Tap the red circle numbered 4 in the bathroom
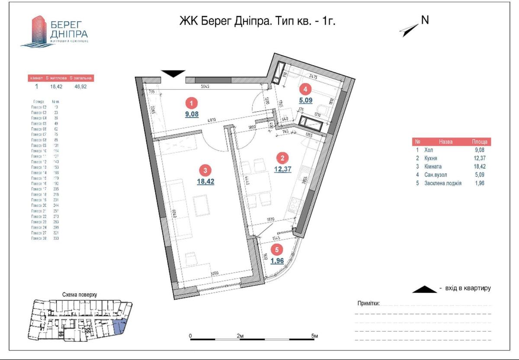[x=305, y=90]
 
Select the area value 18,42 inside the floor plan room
[x=206, y=181]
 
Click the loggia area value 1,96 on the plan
[x=277, y=260]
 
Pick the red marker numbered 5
[x=276, y=250]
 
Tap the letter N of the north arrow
[x=425, y=20]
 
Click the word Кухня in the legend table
[x=433, y=158]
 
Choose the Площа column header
[x=480, y=141]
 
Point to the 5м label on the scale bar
[x=315, y=336]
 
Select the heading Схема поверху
[x=80, y=295]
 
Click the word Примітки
[x=368, y=303]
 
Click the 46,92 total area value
[x=80, y=87]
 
